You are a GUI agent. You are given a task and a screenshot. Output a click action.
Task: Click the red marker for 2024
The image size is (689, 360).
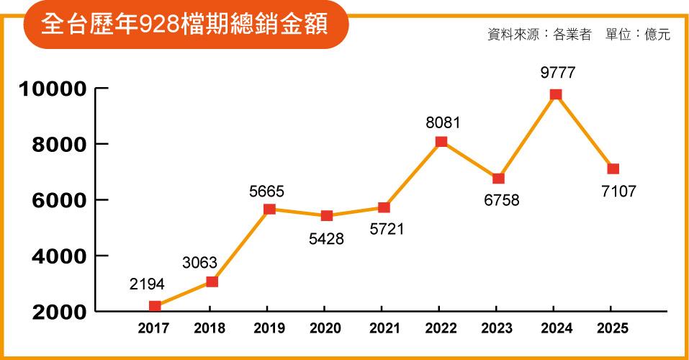pos(556,94)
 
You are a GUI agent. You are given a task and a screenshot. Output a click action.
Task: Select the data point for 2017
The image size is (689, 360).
pos(155,306)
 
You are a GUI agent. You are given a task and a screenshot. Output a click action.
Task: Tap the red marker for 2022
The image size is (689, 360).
pos(441,142)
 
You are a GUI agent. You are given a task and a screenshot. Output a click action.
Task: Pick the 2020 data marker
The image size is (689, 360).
pos(327,215)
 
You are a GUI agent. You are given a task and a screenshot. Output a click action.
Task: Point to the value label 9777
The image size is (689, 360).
pos(557,73)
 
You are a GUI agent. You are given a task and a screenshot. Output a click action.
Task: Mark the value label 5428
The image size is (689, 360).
pos(327,238)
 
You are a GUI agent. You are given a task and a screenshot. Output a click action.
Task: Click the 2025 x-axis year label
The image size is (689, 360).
pos(613,328)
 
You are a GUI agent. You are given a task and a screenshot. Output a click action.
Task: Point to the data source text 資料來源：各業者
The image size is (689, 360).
pos(539,34)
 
